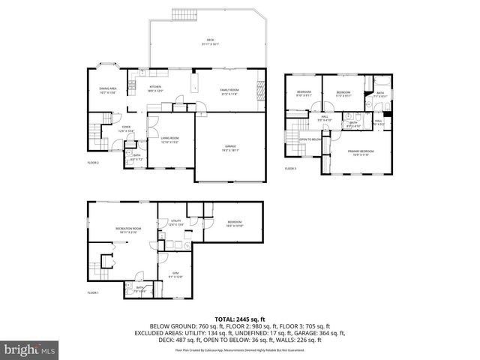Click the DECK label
209,42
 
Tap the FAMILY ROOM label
229,91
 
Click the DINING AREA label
108,90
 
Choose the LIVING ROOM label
169,139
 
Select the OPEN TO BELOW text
310,139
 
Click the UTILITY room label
175,222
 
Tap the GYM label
175,275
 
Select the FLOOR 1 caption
93,292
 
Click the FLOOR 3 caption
290,169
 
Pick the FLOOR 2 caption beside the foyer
93,163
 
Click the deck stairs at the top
183,16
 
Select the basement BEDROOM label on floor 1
235,223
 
